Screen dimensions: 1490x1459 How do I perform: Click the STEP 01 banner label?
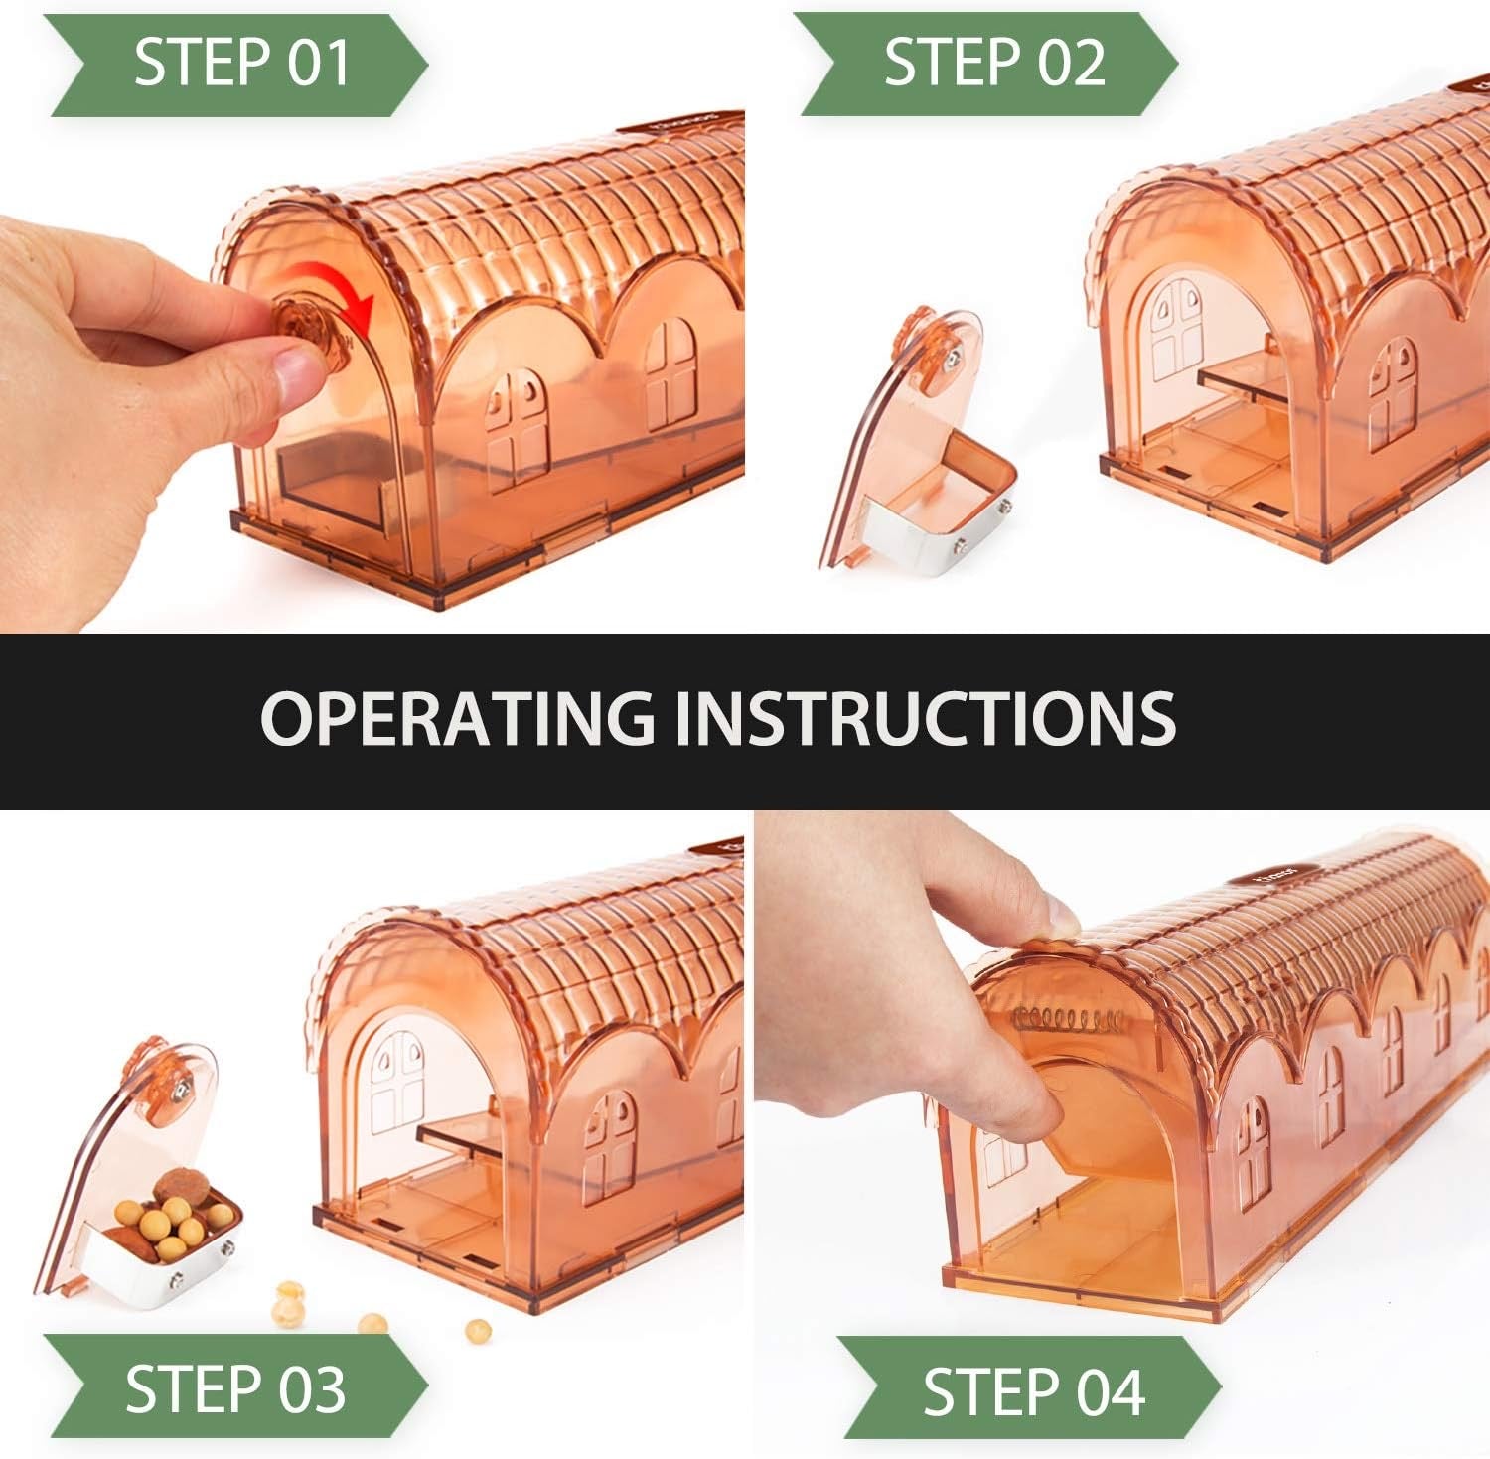tap(241, 62)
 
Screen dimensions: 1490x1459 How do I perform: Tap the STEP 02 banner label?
tap(994, 62)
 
